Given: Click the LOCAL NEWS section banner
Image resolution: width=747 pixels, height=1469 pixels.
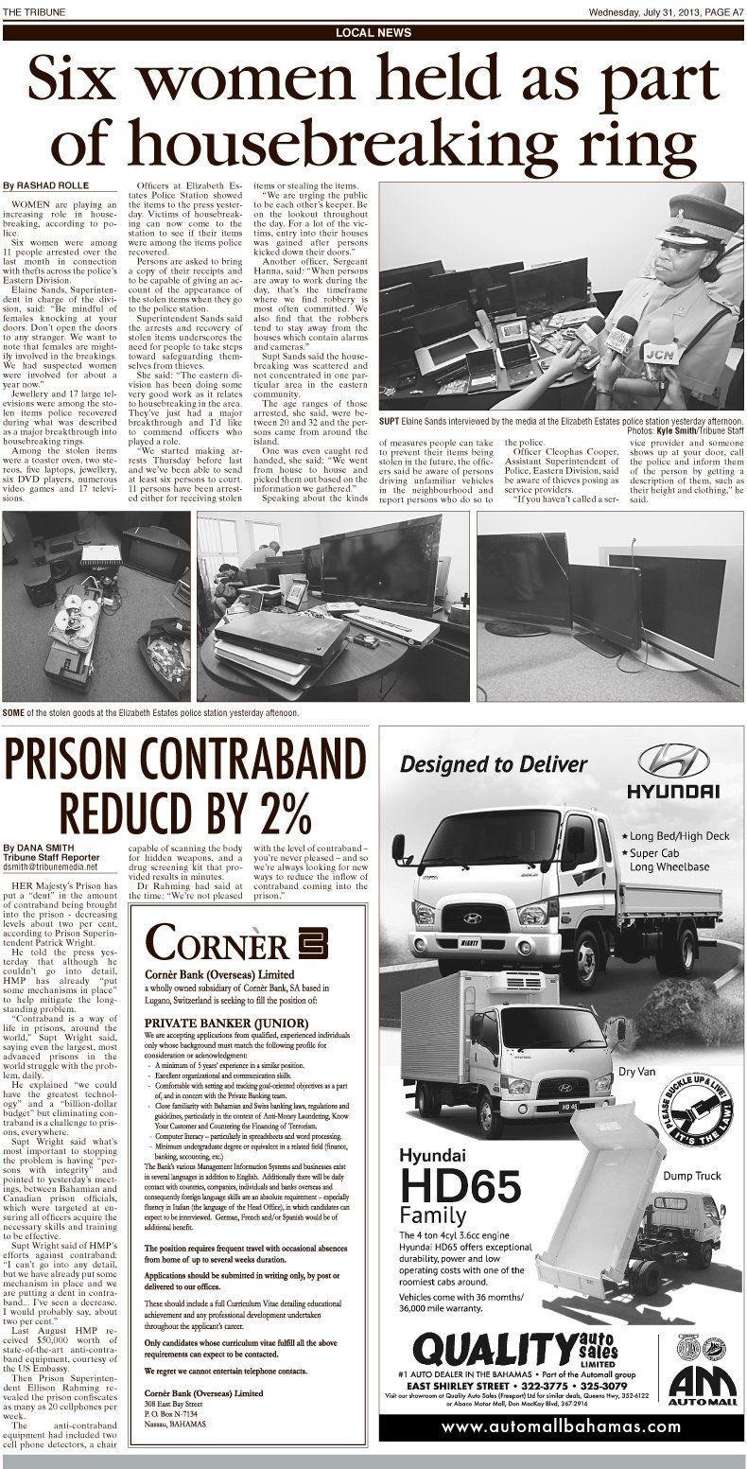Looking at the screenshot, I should [x=373, y=32].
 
